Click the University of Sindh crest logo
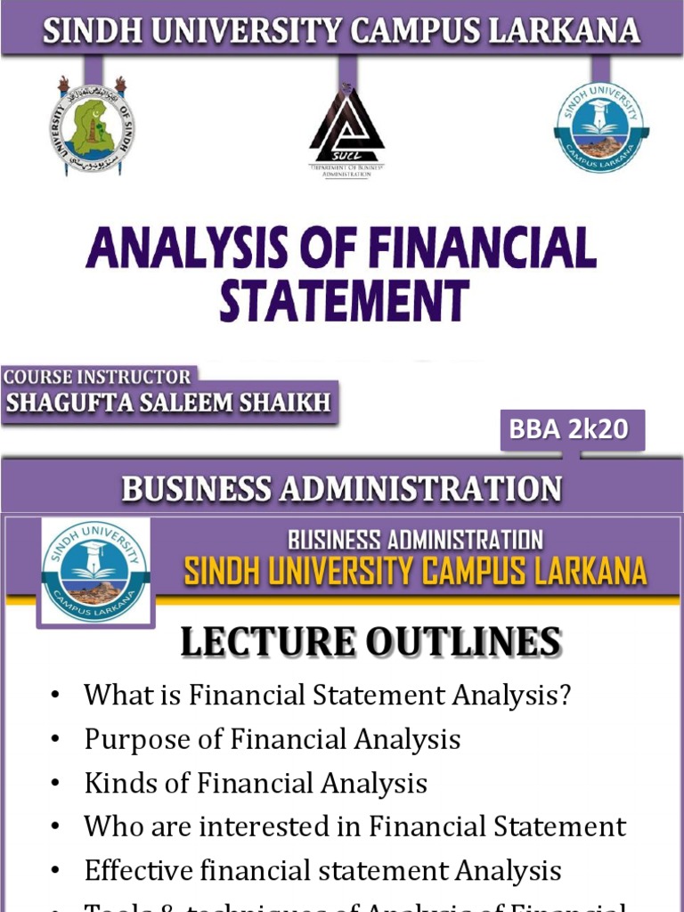pos(92,126)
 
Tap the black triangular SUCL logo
pos(346,129)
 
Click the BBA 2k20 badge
pos(568,429)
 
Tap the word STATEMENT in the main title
pos(344,300)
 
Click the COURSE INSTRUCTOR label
pos(97,377)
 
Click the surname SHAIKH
pos(286,403)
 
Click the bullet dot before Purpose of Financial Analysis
pos(57,739)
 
